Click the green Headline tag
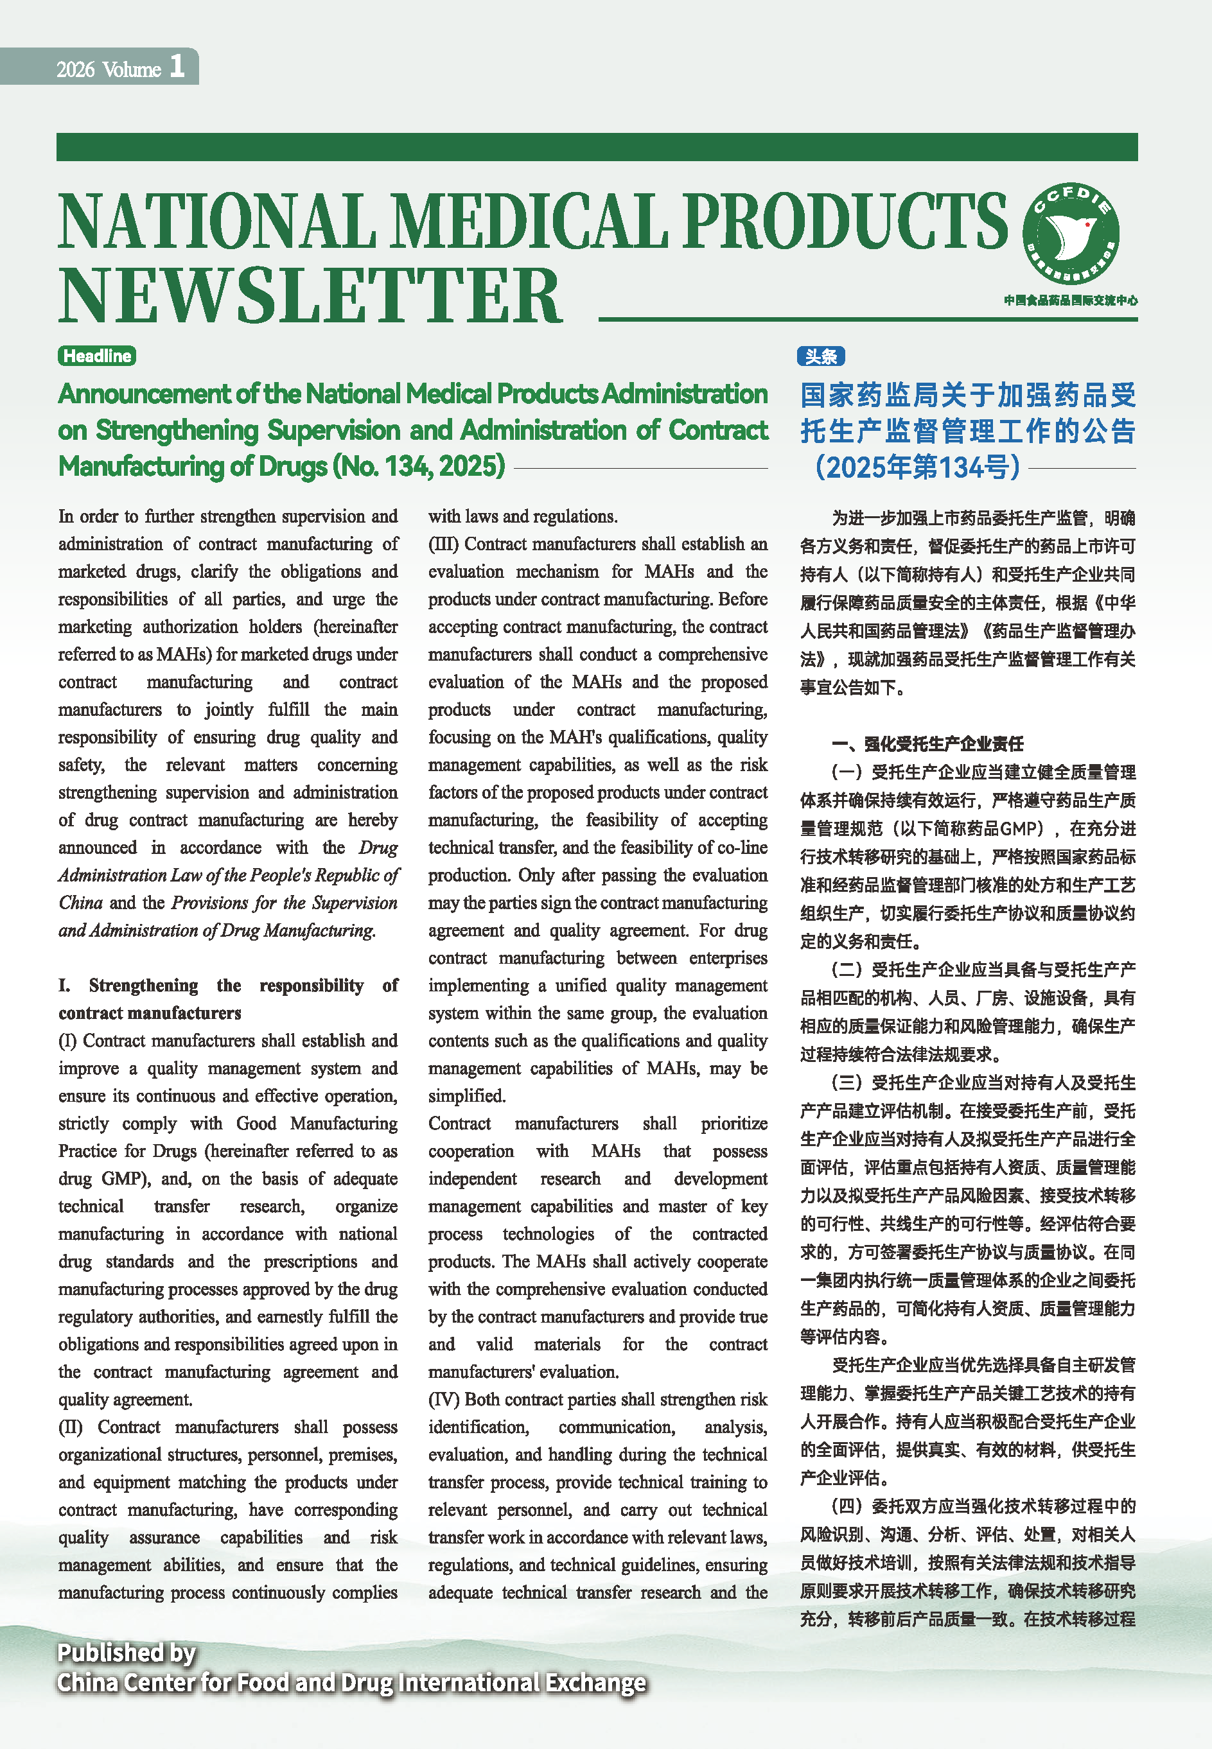tap(96, 356)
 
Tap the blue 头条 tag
tap(820, 356)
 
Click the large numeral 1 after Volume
tap(177, 66)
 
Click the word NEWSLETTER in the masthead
tap(310, 296)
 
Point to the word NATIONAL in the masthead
tap(216, 222)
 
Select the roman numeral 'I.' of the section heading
tap(64, 986)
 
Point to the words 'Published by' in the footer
tap(127, 1653)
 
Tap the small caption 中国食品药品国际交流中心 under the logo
tap(1070, 300)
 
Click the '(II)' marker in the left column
tap(71, 1427)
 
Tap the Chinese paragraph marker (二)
tap(847, 970)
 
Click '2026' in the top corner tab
tap(75, 70)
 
